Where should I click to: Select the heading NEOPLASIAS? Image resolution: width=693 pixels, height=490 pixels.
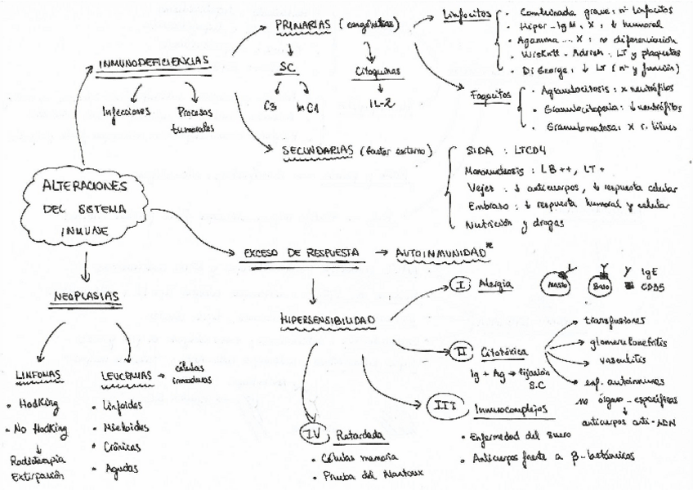(83, 296)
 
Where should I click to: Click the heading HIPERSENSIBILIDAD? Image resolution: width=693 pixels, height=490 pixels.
(328, 317)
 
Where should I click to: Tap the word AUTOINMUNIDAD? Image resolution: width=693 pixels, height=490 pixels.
(440, 253)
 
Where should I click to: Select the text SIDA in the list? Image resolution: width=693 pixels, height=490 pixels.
(477, 152)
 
